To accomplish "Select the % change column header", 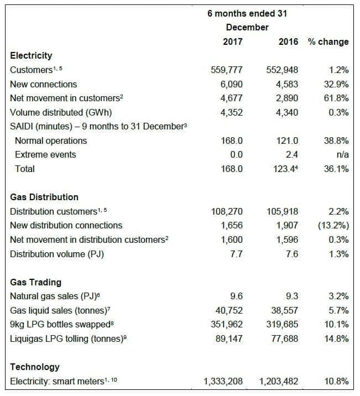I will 328,41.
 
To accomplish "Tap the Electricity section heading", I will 31,55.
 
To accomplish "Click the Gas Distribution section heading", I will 44,197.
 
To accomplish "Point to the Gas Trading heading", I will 36,282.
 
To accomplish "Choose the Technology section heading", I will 35,367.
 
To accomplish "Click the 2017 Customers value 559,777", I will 227,70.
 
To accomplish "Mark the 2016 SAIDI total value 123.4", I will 285,169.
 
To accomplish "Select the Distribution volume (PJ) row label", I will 57,254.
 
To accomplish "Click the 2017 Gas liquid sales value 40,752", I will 228,310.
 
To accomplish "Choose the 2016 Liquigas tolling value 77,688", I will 284,338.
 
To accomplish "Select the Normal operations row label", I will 51,140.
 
